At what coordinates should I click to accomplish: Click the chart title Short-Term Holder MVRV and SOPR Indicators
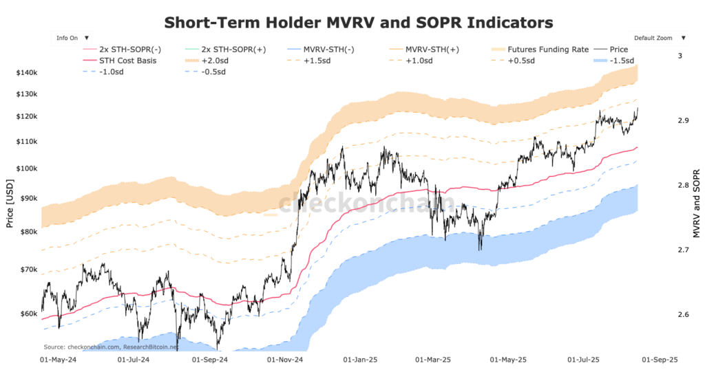[x=358, y=23]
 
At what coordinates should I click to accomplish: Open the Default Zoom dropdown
[x=658, y=38]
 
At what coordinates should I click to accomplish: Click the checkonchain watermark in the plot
[x=365, y=203]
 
